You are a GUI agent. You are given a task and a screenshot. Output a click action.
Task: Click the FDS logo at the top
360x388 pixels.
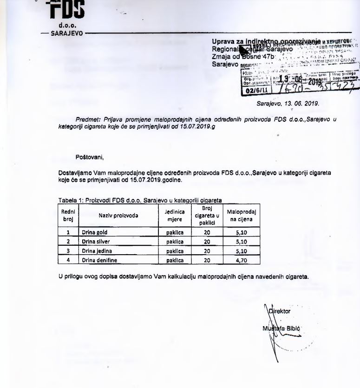[67, 10]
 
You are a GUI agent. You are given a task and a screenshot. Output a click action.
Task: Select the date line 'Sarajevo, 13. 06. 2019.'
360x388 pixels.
[288, 104]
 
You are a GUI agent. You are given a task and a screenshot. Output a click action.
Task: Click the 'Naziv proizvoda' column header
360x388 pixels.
[118, 216]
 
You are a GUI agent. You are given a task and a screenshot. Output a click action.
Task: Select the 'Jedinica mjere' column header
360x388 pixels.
[174, 216]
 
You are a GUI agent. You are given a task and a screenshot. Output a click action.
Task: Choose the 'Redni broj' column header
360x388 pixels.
[68, 216]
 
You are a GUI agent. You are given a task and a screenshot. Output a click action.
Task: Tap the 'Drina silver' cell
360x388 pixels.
[95, 242]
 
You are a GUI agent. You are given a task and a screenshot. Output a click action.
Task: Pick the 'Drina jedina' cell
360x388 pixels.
[95, 251]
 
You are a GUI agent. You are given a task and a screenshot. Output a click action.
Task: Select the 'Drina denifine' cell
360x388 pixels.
[98, 261]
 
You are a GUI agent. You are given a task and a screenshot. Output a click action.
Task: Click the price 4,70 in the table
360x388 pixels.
[241, 261]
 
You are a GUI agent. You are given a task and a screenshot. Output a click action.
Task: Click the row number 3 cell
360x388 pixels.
[68, 251]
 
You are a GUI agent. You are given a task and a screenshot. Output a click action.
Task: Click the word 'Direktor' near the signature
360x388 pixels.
[280, 311]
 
